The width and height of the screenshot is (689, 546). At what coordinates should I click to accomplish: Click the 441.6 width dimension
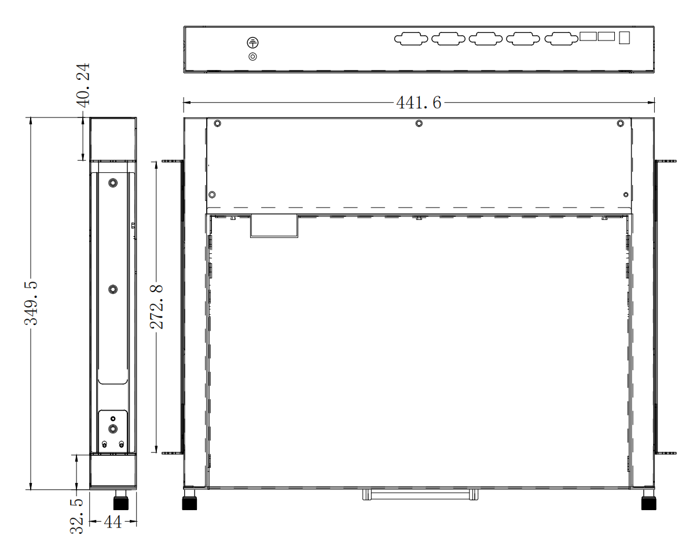[x=418, y=103]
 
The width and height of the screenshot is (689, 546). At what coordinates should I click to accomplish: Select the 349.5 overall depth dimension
[x=31, y=303]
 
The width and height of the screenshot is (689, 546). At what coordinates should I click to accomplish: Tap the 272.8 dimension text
[x=157, y=307]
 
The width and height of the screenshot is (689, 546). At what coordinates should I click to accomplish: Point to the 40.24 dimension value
[x=83, y=84]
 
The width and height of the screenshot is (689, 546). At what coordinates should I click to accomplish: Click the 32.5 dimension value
[x=77, y=516]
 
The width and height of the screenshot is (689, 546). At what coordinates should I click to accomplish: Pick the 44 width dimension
[x=112, y=522]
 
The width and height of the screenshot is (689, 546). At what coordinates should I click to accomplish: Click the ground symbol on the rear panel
[x=252, y=43]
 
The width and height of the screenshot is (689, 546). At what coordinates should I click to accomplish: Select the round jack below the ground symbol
[x=252, y=57]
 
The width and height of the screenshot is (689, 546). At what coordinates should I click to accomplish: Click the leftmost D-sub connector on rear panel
[x=411, y=39]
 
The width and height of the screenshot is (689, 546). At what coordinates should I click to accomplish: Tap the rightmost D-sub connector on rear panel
[x=562, y=39]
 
